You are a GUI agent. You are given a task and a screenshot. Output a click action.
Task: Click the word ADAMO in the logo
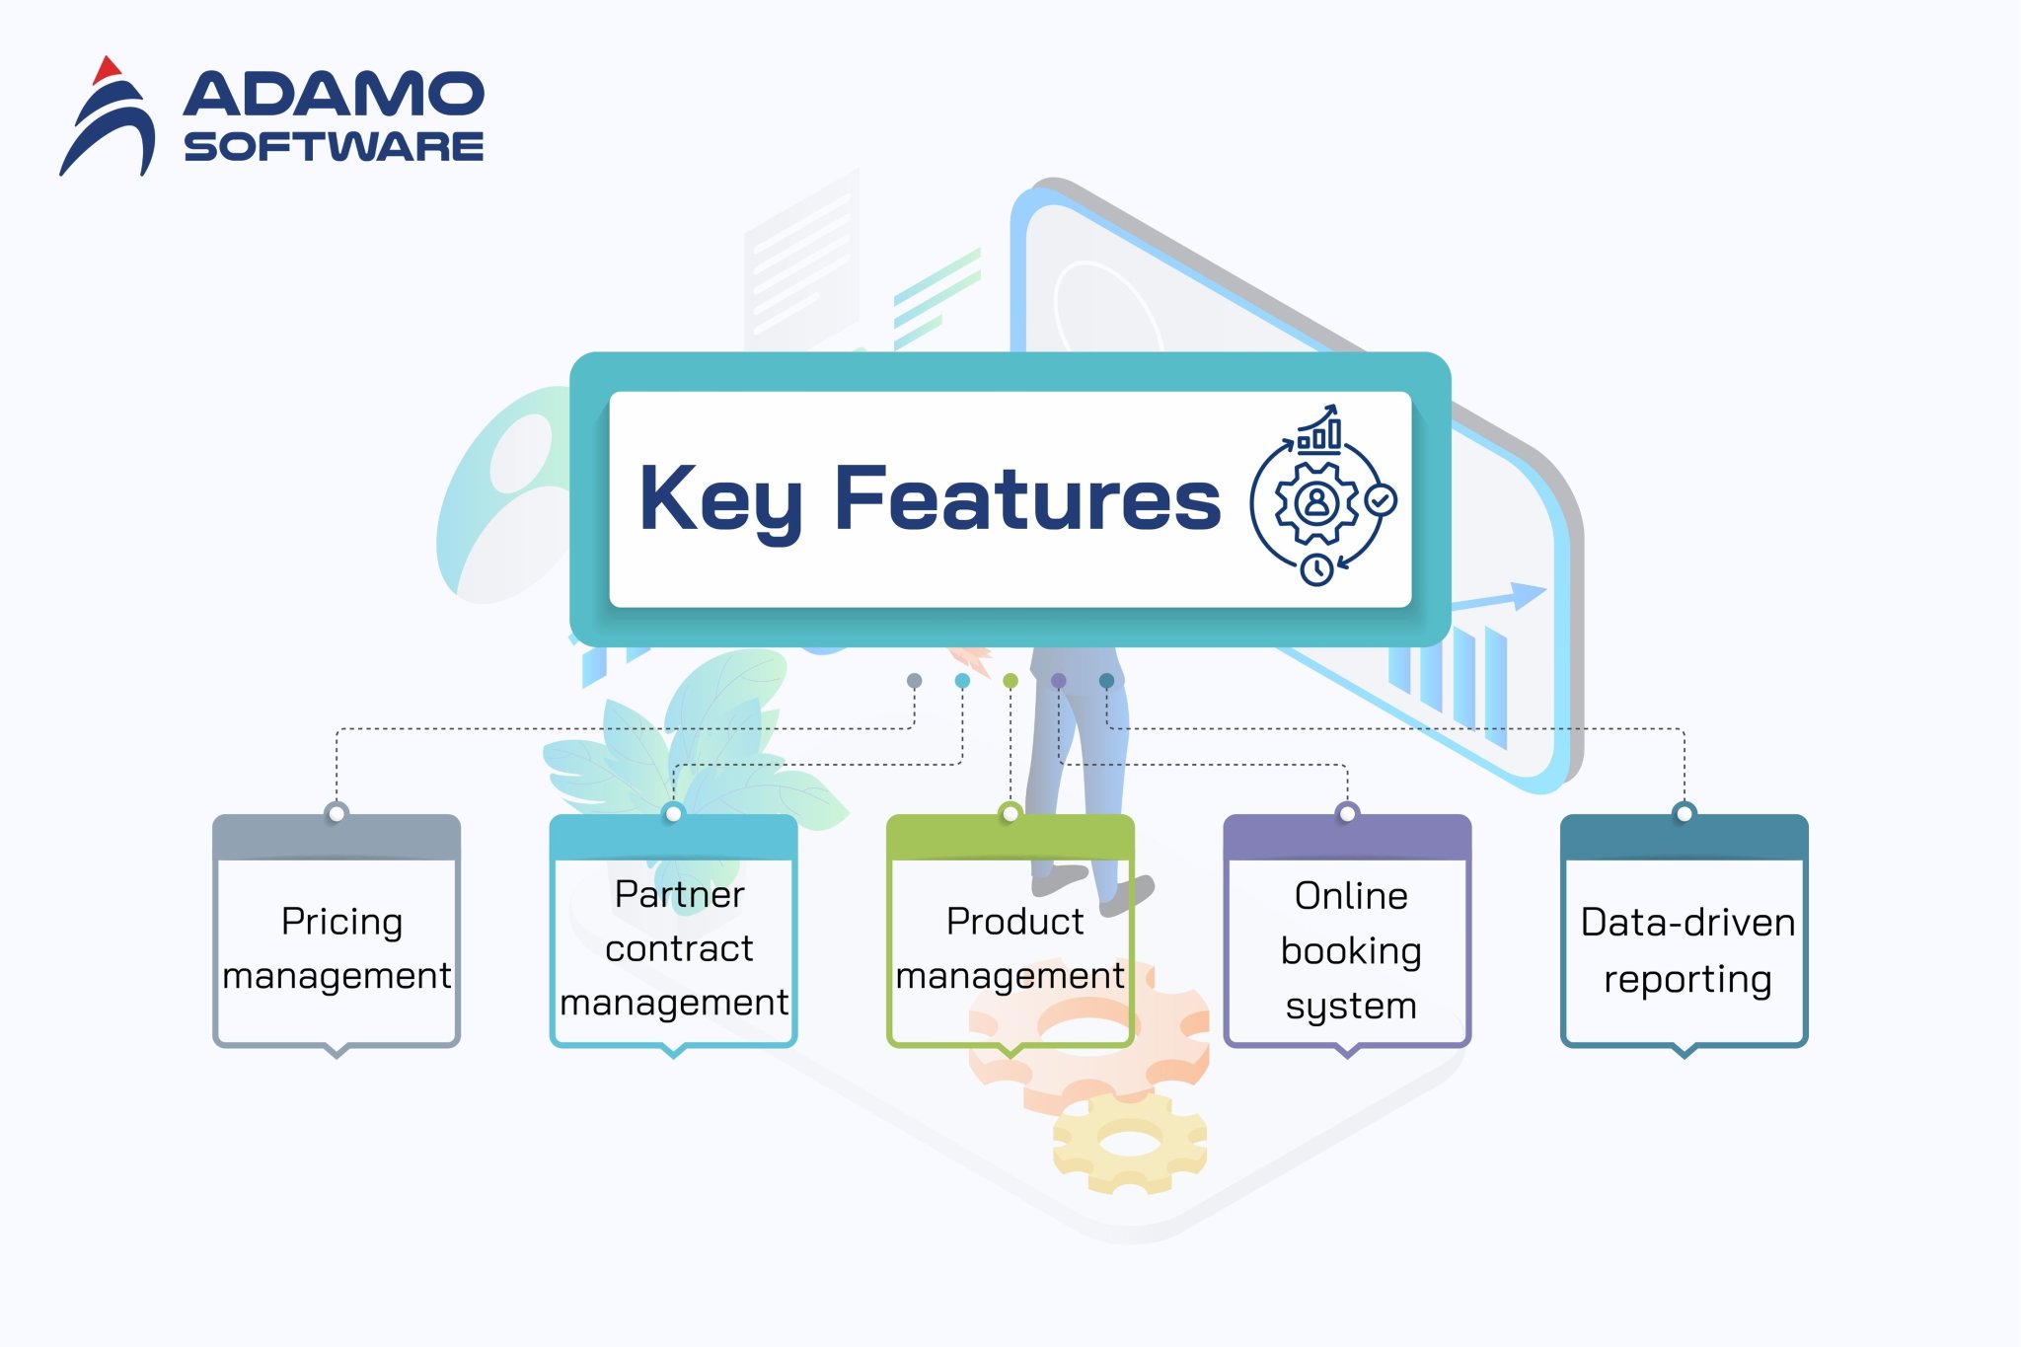334,94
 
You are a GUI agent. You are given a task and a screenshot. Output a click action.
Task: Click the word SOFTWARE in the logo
334,147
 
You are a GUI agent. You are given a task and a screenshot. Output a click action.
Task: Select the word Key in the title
719,500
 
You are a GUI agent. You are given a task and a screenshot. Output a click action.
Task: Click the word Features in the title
1027,498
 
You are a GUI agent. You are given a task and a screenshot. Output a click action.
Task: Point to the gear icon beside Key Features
1316,503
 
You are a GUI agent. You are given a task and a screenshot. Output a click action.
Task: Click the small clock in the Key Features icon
1316,569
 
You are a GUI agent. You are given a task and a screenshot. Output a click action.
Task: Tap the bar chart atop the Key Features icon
1319,431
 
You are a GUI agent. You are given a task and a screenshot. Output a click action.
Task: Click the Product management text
1011,948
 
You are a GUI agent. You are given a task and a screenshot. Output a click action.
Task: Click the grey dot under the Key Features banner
915,681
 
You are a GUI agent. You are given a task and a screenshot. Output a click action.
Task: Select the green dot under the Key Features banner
1010,681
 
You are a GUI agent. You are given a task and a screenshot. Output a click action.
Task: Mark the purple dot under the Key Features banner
1059,681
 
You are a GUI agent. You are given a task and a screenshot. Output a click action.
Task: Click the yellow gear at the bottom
1129,1144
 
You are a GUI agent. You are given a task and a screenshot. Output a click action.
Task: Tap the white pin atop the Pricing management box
337,813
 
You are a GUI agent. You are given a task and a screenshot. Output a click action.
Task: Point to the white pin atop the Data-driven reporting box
1684,813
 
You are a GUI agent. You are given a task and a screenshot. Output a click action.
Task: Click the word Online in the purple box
1351,896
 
